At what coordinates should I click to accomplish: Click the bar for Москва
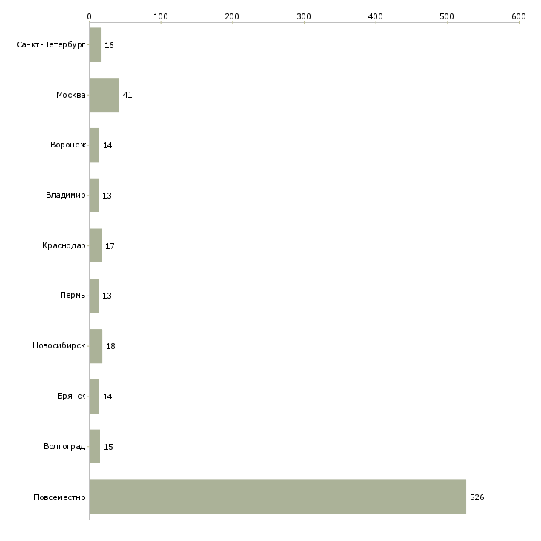[x=104, y=95]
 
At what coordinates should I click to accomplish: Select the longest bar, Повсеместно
[x=278, y=497]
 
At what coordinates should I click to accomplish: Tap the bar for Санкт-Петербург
[x=95, y=44]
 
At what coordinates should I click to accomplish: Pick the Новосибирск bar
[x=96, y=346]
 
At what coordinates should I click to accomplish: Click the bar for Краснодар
[x=95, y=245]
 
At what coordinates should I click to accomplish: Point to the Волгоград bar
[x=95, y=446]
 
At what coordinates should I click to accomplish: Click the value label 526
[x=477, y=497]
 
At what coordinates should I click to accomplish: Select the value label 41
[x=127, y=95]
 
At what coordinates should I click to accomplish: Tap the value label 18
[x=110, y=346]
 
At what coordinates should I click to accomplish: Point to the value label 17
[x=110, y=246]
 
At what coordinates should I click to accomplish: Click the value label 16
[x=109, y=45]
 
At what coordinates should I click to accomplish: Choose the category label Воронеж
[x=68, y=145]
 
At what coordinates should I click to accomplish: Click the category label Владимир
[x=65, y=196]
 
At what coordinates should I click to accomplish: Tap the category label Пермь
[x=73, y=296]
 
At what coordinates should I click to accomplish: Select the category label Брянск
[x=71, y=396]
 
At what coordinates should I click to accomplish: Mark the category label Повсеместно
[x=59, y=497]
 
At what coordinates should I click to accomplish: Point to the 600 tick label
[x=519, y=16]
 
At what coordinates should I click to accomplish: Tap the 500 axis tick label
[x=447, y=16]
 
